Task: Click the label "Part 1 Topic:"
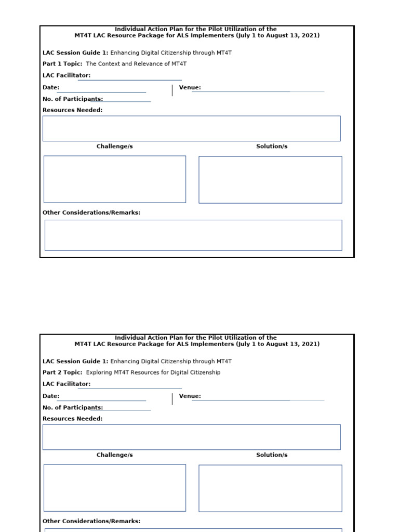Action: pos(62,64)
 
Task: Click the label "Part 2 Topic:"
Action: pos(62,373)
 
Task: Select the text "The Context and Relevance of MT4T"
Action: pos(136,64)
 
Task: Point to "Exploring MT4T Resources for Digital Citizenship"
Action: pos(153,373)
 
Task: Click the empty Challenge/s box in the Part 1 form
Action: pos(115,179)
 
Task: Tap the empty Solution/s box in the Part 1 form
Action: pos(270,180)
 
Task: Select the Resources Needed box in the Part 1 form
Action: pos(191,128)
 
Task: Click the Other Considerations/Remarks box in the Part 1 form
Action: pos(193,235)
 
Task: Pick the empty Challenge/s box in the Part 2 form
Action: pos(115,488)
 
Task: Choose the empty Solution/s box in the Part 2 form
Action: pos(270,488)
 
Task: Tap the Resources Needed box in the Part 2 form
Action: pos(191,437)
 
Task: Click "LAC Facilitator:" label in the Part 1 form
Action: pos(66,75)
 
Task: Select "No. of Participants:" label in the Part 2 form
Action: pos(73,408)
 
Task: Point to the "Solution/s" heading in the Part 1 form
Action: pos(272,147)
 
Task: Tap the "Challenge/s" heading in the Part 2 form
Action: pos(115,455)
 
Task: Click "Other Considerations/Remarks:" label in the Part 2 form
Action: pos(91,521)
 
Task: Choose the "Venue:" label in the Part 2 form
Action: pos(190,396)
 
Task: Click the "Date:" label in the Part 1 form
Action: pos(51,87)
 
